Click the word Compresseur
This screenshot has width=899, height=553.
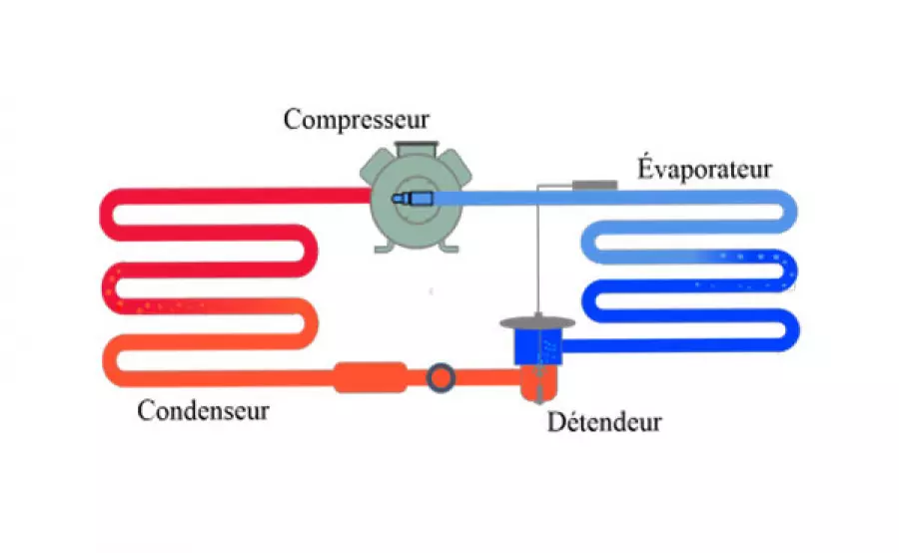tap(357, 120)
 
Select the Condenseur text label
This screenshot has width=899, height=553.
tap(204, 409)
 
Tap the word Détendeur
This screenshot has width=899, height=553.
tap(604, 421)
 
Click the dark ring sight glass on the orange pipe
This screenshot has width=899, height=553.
tap(441, 376)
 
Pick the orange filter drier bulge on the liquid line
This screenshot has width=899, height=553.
tap(370, 376)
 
